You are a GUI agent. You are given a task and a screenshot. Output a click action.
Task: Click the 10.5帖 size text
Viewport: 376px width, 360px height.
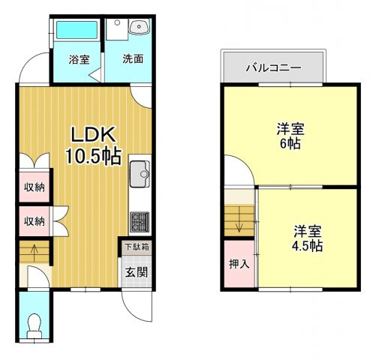[93, 157]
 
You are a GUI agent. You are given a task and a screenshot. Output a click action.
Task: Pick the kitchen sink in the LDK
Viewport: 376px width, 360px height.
[140, 174]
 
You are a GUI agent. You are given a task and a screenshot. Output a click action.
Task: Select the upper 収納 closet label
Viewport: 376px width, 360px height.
[33, 187]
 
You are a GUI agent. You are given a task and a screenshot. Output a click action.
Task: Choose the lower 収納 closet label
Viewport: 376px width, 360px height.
[33, 221]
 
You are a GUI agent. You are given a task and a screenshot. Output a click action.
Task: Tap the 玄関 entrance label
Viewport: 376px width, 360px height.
[136, 271]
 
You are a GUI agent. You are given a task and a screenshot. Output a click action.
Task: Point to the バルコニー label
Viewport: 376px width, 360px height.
[274, 68]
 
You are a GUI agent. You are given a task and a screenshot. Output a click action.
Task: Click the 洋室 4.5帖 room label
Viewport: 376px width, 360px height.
[308, 237]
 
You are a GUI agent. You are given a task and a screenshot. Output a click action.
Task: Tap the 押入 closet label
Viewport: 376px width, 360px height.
[239, 265]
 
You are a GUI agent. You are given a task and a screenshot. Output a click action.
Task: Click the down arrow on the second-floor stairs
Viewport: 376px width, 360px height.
[239, 222]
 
